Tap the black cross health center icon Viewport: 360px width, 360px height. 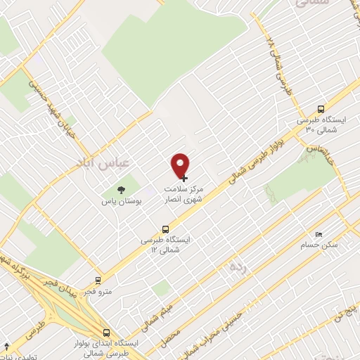(x=185, y=179)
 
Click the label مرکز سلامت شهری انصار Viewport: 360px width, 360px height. (x=182, y=194)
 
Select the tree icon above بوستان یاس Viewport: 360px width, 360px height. (x=120, y=189)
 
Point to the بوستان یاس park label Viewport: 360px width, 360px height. (x=120, y=202)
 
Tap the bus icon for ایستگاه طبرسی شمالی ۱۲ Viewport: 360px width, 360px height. (x=166, y=229)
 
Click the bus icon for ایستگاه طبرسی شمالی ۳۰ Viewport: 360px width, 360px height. (x=321, y=110)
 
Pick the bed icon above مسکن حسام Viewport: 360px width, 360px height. (x=319, y=233)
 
